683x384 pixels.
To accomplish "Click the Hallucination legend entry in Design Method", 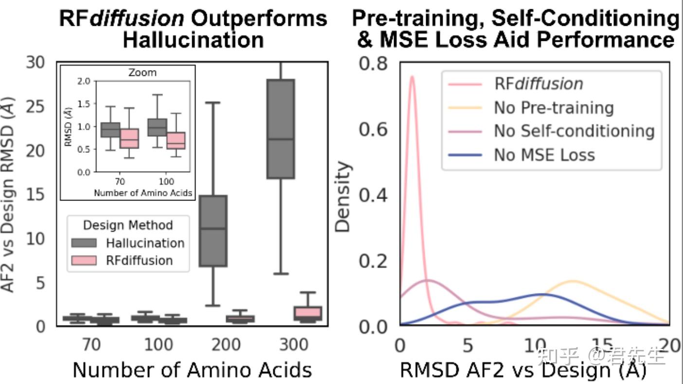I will [x=145, y=243].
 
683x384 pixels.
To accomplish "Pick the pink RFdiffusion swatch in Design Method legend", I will [x=85, y=260].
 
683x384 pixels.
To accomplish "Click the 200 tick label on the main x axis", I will [x=226, y=345].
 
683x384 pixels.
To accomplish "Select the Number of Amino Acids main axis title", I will [x=192, y=370].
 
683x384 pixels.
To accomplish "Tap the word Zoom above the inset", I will [x=142, y=73].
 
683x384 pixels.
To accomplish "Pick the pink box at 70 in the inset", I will [x=129, y=138].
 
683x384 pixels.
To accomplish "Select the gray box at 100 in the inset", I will [x=157, y=128].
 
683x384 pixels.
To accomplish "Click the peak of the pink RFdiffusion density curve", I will [x=412, y=76].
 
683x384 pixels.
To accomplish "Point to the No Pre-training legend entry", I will [x=554, y=108].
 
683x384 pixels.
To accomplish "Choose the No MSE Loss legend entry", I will [x=544, y=155].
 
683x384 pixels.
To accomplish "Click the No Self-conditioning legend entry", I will [x=574, y=131].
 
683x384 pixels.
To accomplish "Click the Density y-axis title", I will [x=343, y=197].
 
